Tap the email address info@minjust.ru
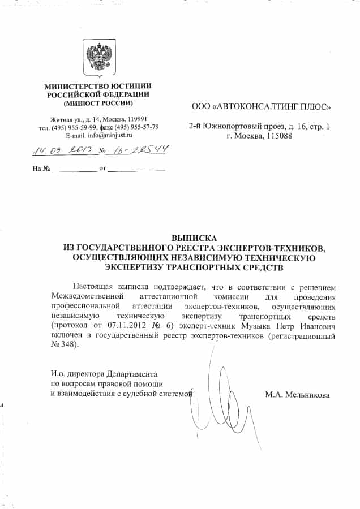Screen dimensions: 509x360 pyautogui.click(x=108, y=136)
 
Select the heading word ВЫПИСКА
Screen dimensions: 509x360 pyautogui.click(x=195, y=239)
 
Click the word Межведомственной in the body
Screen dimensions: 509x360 pyautogui.click(x=86, y=296)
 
